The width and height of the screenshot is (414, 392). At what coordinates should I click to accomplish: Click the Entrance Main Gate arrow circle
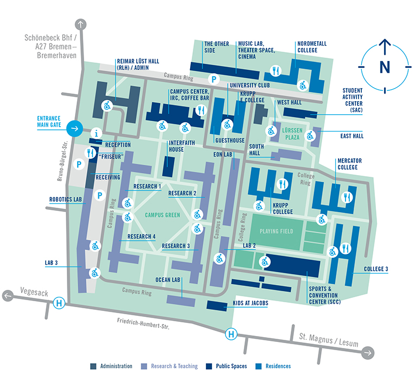pos(74,129)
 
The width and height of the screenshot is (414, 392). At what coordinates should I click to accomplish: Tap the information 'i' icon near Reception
pos(97,133)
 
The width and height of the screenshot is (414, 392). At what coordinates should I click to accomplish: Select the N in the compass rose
pos(385,66)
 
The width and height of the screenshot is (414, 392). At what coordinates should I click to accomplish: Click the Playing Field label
pos(276,232)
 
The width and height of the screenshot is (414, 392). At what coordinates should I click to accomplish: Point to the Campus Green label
pos(162,215)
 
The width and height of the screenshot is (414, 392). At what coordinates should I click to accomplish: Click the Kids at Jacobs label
pos(250,303)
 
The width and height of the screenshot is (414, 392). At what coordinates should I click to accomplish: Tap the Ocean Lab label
pos(168,280)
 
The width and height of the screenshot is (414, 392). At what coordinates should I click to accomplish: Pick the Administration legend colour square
pos(94,366)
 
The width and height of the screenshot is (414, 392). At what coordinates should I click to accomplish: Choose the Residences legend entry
pos(278,366)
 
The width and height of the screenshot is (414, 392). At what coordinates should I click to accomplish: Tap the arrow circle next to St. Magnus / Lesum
pos(368,352)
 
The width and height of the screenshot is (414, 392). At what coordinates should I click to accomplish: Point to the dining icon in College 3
pos(346,248)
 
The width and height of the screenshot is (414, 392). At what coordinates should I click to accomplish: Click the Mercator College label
pos(349,164)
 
